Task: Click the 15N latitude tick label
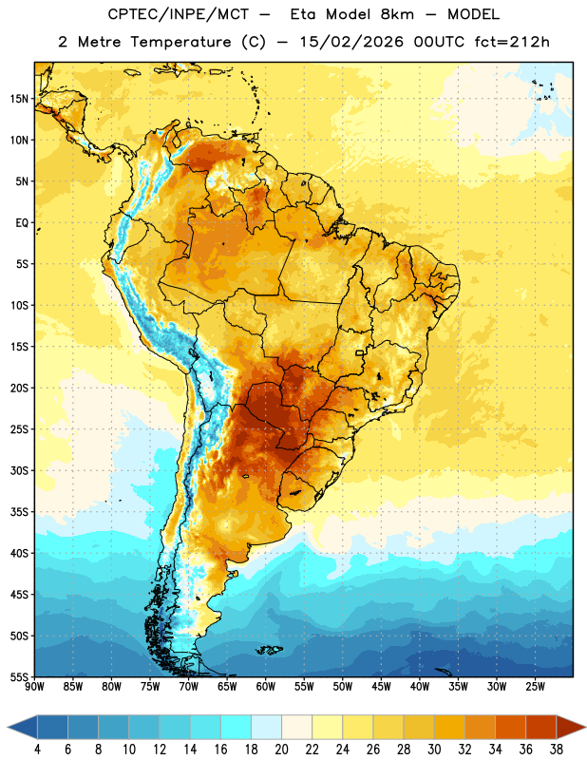19,99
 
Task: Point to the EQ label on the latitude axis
22,223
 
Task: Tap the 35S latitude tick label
19,512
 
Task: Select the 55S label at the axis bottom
19,676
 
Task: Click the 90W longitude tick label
34,687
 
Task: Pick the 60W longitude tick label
266,687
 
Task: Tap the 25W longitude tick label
536,687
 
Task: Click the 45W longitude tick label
382,687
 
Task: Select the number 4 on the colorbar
37,750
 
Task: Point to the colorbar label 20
281,750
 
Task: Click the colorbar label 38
557,750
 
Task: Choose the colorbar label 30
434,750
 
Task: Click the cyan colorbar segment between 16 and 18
237,727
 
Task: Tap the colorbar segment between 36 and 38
541,727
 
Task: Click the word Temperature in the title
180,42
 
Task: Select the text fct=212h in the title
512,42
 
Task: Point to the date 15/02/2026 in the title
350,42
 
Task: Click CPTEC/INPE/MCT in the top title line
179,14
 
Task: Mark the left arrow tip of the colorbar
8,727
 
